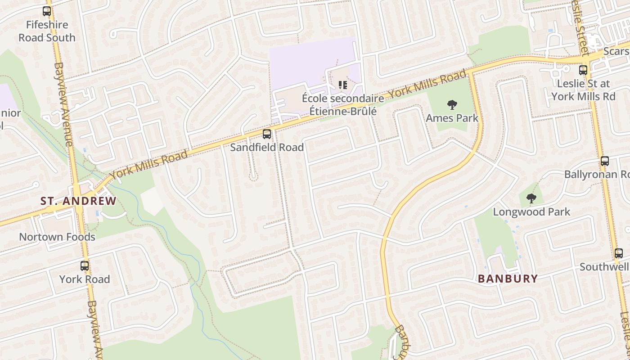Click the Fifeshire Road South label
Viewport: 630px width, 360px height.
pyautogui.click(x=47, y=31)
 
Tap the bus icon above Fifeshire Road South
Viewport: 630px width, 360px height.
pyautogui.click(x=47, y=11)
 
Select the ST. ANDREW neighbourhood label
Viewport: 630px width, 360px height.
pyautogui.click(x=78, y=201)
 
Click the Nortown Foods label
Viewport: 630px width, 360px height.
pyautogui.click(x=57, y=237)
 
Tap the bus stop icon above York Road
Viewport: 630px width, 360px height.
pyautogui.click(x=85, y=265)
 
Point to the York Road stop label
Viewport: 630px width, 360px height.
pyautogui.click(x=85, y=279)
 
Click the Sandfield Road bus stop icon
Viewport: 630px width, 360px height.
pyautogui.click(x=267, y=134)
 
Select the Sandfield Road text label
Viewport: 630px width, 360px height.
pyautogui.click(x=267, y=148)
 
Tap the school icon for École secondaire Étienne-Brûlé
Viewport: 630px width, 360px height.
pyautogui.click(x=343, y=85)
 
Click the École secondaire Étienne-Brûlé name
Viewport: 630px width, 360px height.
pyautogui.click(x=343, y=104)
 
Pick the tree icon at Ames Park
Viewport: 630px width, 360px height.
pyautogui.click(x=452, y=105)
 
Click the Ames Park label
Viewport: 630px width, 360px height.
pyautogui.click(x=452, y=118)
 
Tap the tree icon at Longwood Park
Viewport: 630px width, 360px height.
pyautogui.click(x=531, y=198)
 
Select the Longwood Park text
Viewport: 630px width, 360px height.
pyautogui.click(x=531, y=212)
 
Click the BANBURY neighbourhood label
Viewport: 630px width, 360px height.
pyautogui.click(x=508, y=279)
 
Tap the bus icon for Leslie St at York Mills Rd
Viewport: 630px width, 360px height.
pyautogui.click(x=583, y=70)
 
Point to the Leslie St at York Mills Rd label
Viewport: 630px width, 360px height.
pyautogui.click(x=583, y=90)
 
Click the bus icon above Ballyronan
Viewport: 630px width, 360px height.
pyautogui.click(x=605, y=161)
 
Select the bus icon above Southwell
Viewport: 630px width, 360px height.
pyautogui.click(x=619, y=253)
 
